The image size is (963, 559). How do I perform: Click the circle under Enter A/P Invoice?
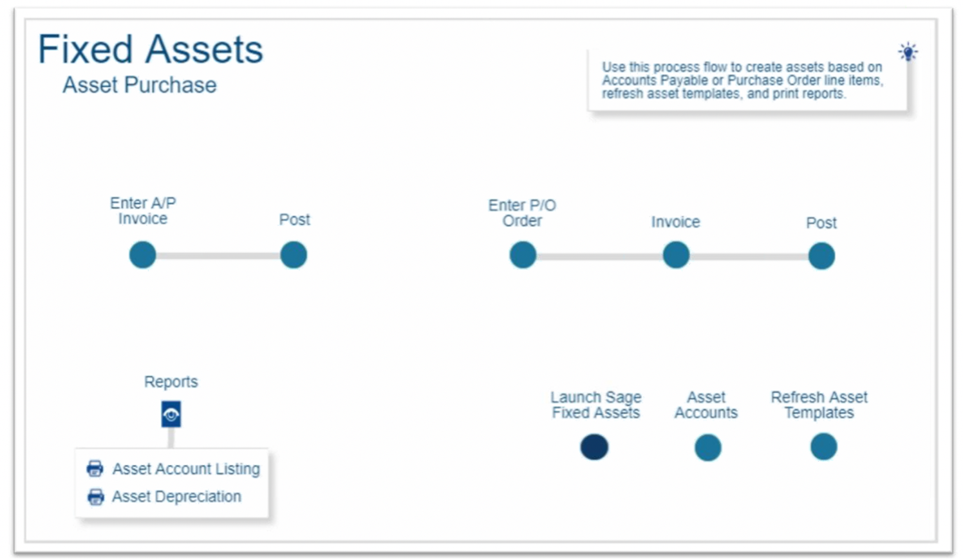click(x=143, y=255)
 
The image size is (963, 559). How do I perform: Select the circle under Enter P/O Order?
click(x=523, y=255)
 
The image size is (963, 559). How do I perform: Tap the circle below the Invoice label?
click(x=677, y=255)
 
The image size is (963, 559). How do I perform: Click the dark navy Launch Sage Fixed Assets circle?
click(x=594, y=447)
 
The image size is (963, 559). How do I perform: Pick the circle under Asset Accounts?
click(x=708, y=447)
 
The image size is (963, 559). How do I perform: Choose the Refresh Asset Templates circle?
click(x=824, y=447)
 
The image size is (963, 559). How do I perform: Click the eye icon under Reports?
click(x=171, y=414)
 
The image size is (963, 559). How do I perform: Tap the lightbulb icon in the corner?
click(x=908, y=52)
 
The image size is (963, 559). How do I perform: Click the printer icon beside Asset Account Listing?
click(x=95, y=468)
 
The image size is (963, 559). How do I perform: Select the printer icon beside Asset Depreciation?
click(x=95, y=497)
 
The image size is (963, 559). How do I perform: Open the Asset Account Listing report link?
click(x=186, y=469)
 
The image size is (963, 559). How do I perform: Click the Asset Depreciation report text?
click(x=176, y=497)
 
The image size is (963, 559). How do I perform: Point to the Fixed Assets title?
click(x=151, y=50)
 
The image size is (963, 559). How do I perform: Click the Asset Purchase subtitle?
click(x=140, y=85)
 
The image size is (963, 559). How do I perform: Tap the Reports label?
click(x=171, y=381)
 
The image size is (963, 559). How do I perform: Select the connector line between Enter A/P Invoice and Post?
click(x=218, y=256)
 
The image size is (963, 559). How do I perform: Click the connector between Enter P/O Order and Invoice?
click(x=599, y=257)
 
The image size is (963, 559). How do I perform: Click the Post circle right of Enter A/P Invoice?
click(x=294, y=255)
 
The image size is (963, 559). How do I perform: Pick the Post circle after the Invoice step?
click(x=821, y=256)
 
